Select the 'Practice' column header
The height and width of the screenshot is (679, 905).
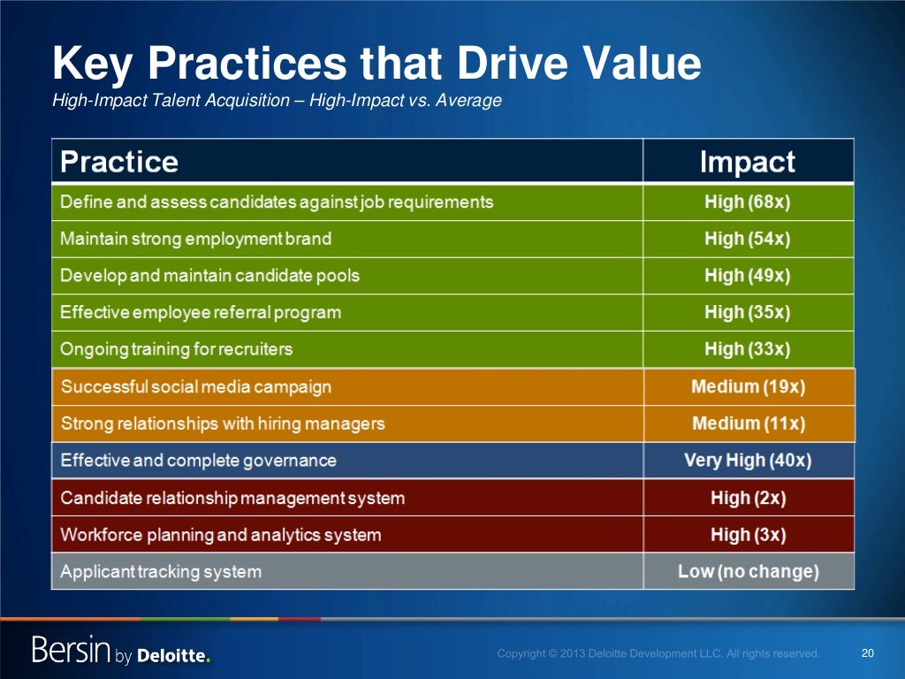[119, 162]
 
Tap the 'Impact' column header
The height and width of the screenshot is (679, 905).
[747, 162]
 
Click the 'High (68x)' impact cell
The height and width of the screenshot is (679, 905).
[747, 202]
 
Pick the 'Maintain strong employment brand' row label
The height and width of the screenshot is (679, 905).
[195, 239]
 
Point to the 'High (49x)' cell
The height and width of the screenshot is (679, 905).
[747, 276]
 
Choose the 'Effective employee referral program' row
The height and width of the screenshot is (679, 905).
[200, 313]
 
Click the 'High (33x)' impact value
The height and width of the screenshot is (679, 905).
[747, 349]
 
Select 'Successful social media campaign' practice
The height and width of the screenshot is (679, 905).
[195, 387]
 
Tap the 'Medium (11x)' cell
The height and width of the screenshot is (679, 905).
[749, 424]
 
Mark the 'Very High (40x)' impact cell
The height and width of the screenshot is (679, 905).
[748, 461]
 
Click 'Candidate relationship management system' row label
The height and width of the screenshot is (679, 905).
[232, 499]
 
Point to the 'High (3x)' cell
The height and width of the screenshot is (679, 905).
[748, 535]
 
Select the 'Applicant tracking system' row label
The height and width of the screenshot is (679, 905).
[161, 572]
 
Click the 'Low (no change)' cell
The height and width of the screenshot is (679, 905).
[748, 572]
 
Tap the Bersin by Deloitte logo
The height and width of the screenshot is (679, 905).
[121, 652]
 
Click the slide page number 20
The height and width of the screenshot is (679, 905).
[867, 653]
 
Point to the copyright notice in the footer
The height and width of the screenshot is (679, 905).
[658, 654]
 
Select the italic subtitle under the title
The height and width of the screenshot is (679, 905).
[277, 101]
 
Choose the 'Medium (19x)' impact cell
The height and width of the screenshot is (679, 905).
[749, 387]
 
